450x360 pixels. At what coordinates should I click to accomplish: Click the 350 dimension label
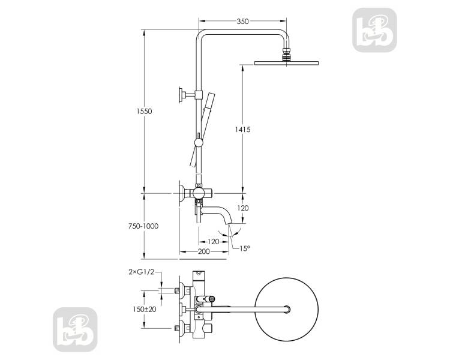(x=242, y=21)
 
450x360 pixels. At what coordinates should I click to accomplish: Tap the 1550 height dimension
(x=144, y=112)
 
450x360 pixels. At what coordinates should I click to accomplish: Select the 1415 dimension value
(x=242, y=130)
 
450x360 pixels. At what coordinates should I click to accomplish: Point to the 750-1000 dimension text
(x=143, y=226)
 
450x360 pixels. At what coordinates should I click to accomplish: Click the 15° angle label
(x=245, y=248)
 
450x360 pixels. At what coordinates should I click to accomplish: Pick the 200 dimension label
(x=204, y=251)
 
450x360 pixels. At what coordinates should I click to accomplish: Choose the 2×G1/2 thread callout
(x=142, y=272)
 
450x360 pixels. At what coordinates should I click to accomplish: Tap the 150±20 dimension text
(x=145, y=309)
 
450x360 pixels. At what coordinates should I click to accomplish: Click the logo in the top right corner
(x=374, y=30)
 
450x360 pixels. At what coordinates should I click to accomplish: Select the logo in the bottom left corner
(x=75, y=329)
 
